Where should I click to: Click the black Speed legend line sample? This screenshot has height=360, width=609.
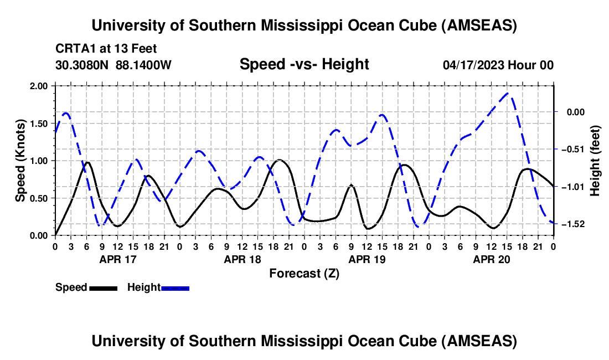(102, 287)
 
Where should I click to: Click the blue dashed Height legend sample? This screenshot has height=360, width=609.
(175, 287)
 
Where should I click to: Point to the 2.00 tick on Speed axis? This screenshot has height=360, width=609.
(40, 86)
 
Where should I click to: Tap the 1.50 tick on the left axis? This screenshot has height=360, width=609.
(40, 123)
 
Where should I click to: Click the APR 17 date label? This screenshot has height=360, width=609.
(117, 259)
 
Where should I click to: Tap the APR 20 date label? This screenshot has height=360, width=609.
(491, 259)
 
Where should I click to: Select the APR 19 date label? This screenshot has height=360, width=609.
(367, 259)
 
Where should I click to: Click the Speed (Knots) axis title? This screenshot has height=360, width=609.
(20, 161)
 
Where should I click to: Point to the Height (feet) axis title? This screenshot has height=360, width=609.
(596, 161)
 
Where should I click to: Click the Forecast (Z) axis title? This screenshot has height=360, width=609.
(304, 273)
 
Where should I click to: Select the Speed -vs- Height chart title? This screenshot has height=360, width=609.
(304, 64)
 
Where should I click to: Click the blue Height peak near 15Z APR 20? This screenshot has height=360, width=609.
(509, 93)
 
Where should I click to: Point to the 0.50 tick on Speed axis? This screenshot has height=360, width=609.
(40, 198)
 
